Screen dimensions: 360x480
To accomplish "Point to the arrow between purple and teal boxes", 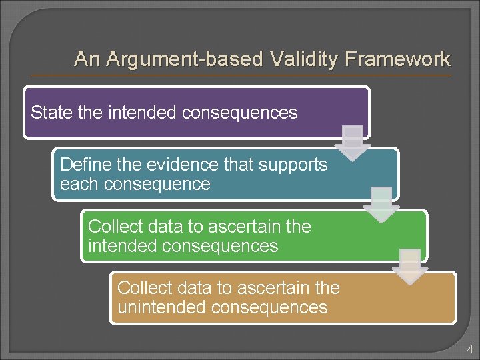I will pos(354,142).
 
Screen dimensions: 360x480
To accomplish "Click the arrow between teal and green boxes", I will pos(383,204).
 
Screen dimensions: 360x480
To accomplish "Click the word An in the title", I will pos(85,59).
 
